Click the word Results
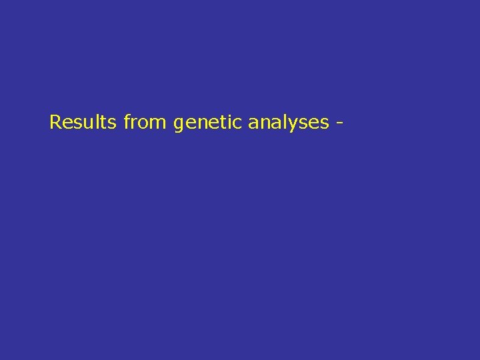click(83, 123)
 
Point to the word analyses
click(289, 123)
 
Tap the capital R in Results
click(55, 123)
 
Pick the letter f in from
click(127, 122)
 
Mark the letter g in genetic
click(178, 125)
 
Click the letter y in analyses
click(295, 125)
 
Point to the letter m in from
click(161, 124)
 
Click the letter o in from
click(145, 124)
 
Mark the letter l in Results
click(96, 122)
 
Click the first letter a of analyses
click(253, 124)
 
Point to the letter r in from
click(135, 124)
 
